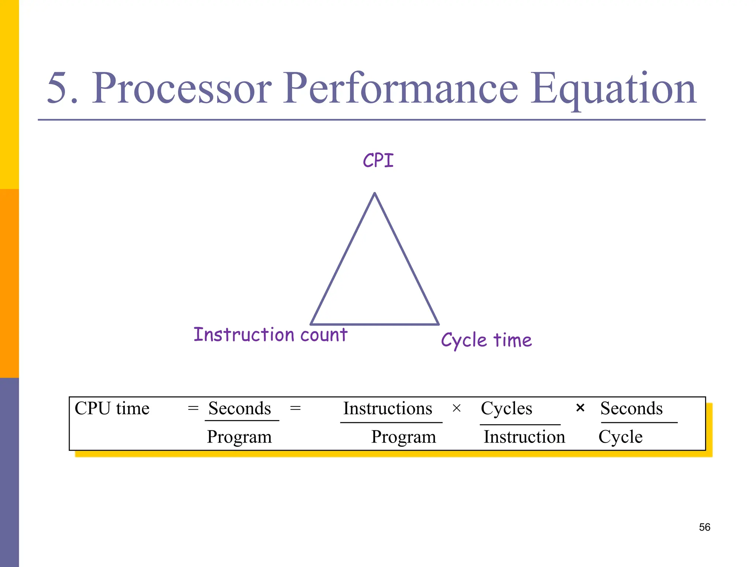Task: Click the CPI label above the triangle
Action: (378, 161)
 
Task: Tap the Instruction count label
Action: (270, 335)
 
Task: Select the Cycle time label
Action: (486, 340)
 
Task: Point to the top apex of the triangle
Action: (374, 193)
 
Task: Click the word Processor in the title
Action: (182, 89)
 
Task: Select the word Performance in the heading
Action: (401, 89)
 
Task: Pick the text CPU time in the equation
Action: (112, 408)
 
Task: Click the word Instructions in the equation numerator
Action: (388, 408)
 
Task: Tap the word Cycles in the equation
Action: (506, 408)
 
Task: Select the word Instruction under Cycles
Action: (524, 437)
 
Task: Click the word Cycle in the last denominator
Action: (620, 437)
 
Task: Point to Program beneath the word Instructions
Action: (403, 437)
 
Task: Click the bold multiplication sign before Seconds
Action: (580, 408)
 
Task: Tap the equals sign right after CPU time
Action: (193, 408)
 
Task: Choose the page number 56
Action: (704, 527)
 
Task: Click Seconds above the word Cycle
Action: (631, 408)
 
